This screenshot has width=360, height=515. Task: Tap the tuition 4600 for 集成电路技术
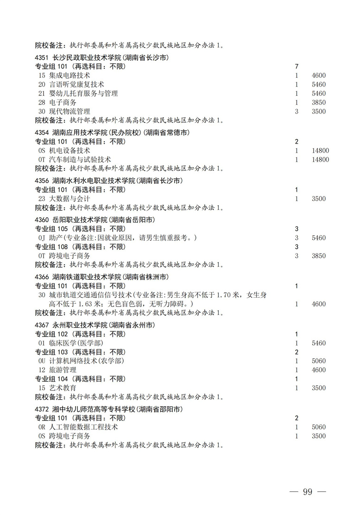(319, 75)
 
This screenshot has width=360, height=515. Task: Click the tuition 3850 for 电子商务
(319, 102)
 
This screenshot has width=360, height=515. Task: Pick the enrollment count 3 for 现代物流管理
(296, 112)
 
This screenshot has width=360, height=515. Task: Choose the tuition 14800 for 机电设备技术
(320, 151)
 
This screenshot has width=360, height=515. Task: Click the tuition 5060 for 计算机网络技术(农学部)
(319, 361)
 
